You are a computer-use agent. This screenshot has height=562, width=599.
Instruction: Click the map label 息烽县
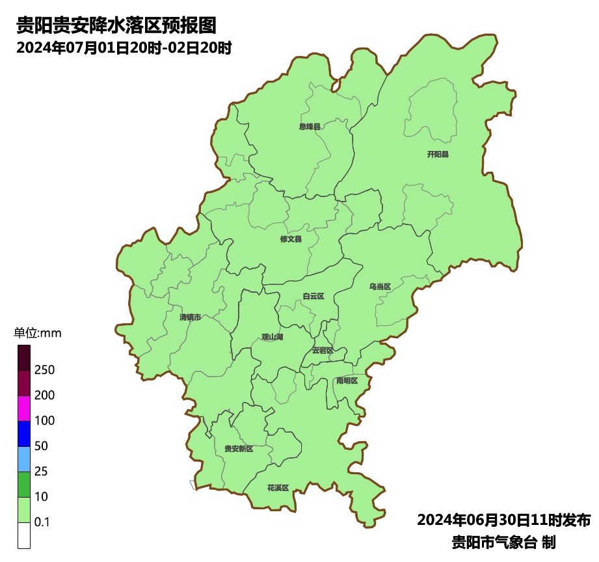point(310,127)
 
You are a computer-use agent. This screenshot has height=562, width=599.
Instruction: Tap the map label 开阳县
point(438,155)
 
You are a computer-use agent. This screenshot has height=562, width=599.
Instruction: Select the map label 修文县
point(291,239)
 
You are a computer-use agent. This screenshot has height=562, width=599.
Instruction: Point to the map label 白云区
point(313,297)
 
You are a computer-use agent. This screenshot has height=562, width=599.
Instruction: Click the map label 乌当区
point(380,287)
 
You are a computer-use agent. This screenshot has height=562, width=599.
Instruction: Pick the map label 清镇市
point(190,317)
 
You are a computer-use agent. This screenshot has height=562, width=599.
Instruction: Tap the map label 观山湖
point(273,337)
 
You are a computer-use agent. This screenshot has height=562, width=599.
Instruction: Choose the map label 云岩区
point(323,350)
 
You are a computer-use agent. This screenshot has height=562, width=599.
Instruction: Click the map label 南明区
point(347,381)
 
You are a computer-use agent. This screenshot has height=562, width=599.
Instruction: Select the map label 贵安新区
point(239,449)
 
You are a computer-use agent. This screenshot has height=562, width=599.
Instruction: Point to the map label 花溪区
point(278,487)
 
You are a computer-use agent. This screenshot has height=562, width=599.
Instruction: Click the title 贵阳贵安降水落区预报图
point(116,25)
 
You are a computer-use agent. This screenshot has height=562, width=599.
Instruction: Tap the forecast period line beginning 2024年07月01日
point(124,48)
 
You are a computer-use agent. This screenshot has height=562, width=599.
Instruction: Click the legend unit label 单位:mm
point(37,333)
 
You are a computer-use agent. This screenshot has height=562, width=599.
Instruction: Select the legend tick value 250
point(45,370)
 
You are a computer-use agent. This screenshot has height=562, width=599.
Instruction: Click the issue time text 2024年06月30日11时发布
point(503,520)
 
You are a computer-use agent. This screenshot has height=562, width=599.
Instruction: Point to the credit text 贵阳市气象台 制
point(503,542)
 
